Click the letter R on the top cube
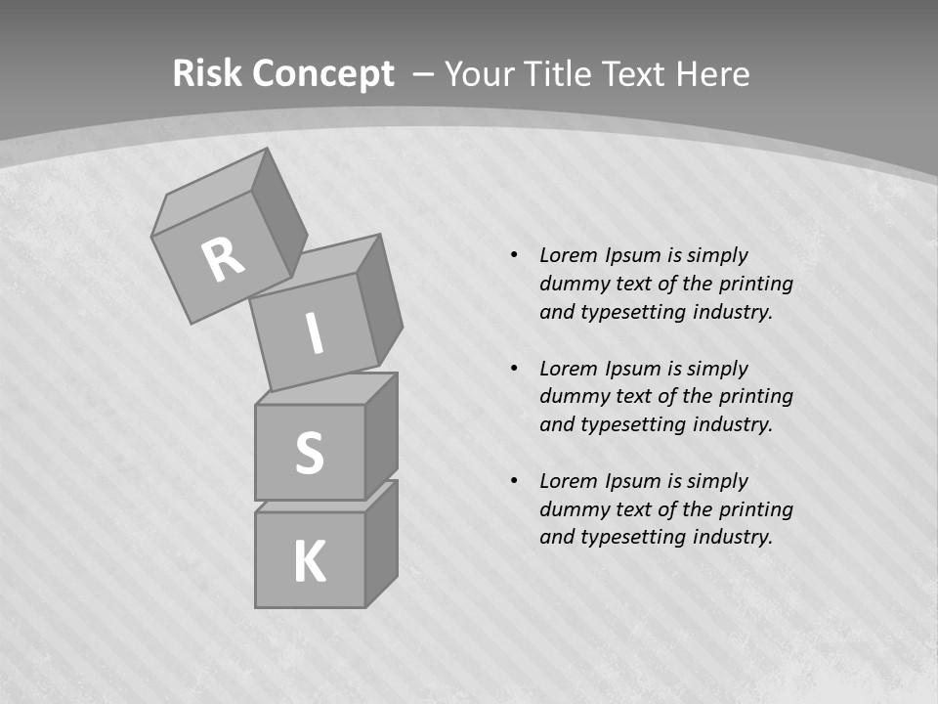(x=223, y=260)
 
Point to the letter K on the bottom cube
(x=309, y=562)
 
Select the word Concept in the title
(x=322, y=74)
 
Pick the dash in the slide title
(x=424, y=74)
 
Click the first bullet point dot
(x=514, y=256)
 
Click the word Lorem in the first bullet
(x=567, y=256)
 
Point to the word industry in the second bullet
(x=730, y=425)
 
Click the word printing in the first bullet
(x=755, y=285)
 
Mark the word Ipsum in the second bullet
(x=633, y=369)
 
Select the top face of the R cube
(x=210, y=191)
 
